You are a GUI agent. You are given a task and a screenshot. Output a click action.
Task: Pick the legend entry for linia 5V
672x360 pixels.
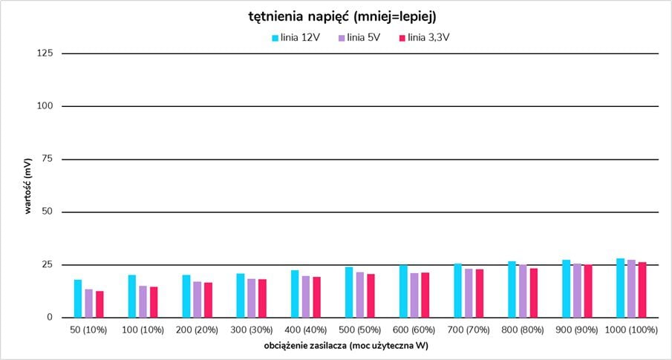(x=359, y=37)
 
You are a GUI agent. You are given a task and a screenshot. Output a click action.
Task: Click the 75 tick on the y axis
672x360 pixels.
(x=47, y=159)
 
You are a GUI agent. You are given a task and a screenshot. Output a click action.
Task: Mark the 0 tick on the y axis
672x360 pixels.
(x=50, y=318)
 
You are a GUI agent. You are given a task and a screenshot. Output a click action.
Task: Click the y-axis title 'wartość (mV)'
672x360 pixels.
(x=28, y=186)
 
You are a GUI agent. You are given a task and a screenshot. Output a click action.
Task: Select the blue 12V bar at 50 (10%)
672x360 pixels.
(x=78, y=299)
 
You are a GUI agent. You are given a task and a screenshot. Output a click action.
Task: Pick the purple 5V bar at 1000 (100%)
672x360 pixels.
(x=631, y=289)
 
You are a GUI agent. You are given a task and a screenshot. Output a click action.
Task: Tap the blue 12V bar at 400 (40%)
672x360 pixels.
(x=295, y=294)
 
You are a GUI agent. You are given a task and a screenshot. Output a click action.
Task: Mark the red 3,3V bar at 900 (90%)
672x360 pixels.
(x=588, y=291)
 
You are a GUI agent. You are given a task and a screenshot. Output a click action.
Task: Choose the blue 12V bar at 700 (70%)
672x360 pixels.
(x=458, y=290)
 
